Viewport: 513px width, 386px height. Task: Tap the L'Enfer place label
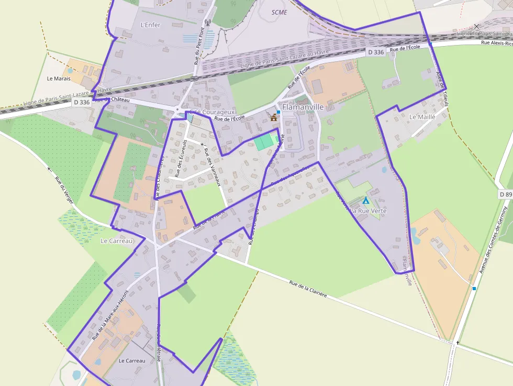(x=151, y=25)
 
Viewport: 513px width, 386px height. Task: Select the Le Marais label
(x=58, y=79)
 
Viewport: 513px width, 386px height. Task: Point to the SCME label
(x=280, y=12)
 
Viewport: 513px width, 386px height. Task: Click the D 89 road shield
(x=505, y=194)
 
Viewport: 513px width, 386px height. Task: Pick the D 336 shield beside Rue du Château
(x=81, y=103)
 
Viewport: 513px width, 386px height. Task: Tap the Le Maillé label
(x=422, y=117)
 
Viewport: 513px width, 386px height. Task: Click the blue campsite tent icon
(x=366, y=200)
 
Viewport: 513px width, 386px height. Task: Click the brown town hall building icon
(x=273, y=118)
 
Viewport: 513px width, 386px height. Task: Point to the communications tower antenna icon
(x=207, y=23)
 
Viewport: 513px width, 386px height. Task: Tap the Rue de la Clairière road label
(x=308, y=289)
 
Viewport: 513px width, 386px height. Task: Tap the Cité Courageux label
(x=213, y=112)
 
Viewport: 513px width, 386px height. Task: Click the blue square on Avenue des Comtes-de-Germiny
(x=474, y=289)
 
